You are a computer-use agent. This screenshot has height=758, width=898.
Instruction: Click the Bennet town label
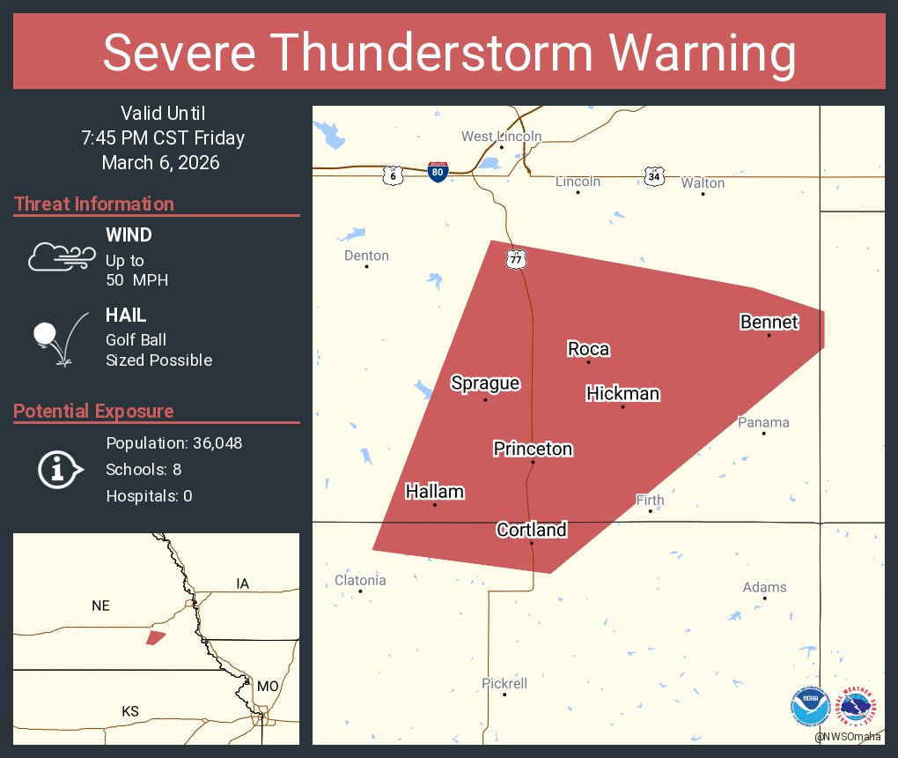[x=769, y=322]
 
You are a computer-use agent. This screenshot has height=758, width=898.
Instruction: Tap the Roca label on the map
[x=588, y=349]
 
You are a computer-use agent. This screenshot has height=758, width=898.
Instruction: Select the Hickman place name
[x=622, y=393]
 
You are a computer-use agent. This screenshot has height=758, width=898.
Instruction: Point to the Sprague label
[x=485, y=383]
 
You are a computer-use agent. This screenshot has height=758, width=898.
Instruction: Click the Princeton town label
[x=533, y=449]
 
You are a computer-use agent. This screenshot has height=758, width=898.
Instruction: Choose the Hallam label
[x=434, y=491]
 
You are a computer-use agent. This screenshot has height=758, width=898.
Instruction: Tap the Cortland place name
[x=532, y=529]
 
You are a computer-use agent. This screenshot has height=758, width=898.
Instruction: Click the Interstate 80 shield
[x=438, y=171]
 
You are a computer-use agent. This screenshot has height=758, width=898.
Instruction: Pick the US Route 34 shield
[x=652, y=175]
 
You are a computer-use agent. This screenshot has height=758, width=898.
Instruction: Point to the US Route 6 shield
[x=393, y=175]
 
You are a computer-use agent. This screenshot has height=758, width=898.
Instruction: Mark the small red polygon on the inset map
[x=156, y=636]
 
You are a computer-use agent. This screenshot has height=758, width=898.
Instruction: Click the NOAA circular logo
[x=810, y=706]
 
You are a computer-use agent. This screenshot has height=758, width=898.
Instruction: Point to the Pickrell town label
[x=504, y=683]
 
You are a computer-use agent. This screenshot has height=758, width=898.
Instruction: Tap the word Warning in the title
[x=703, y=53]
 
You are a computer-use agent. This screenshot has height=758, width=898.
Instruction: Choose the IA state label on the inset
[x=243, y=583]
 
